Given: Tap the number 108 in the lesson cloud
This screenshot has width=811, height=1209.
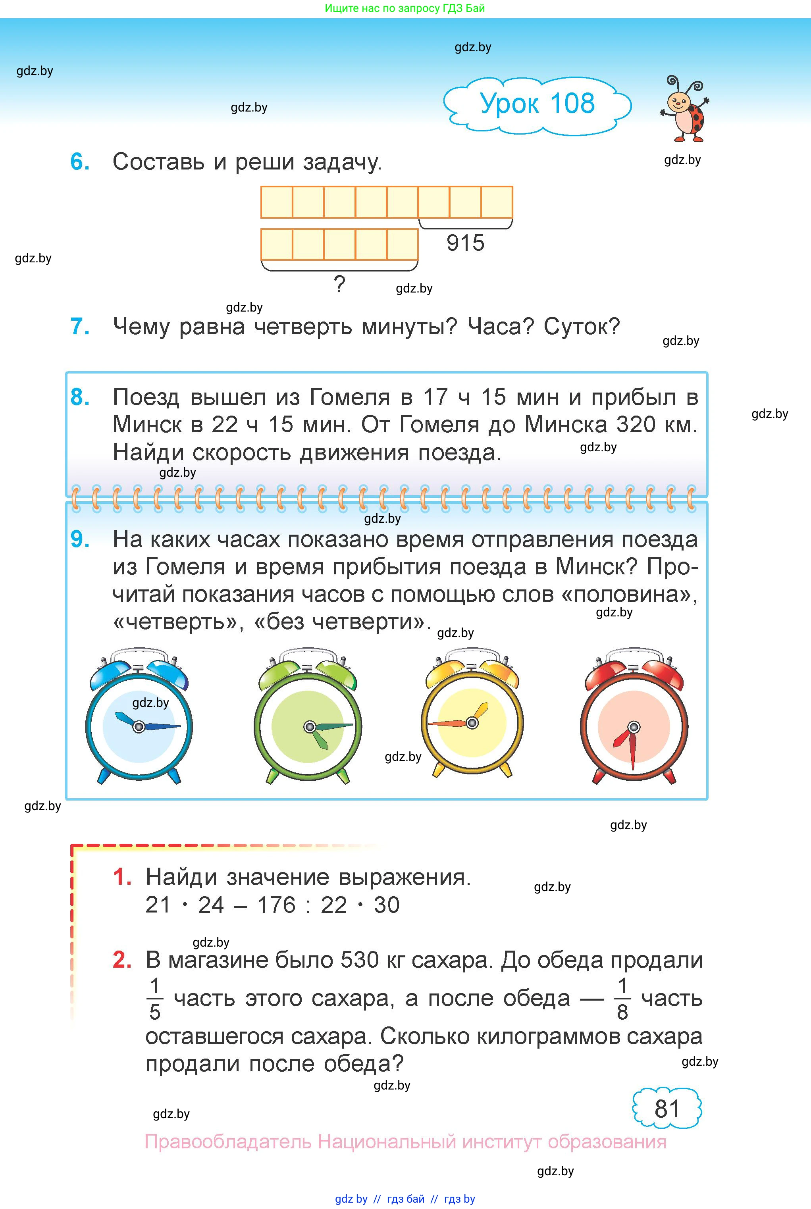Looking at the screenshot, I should (x=572, y=104).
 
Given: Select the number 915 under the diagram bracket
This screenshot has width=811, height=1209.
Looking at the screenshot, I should (x=465, y=243).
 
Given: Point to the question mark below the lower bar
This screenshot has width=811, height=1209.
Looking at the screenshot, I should (x=339, y=284).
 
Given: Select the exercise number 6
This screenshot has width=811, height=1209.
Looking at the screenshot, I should (x=80, y=162).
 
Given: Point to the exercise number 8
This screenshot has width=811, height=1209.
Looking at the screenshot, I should (x=80, y=397).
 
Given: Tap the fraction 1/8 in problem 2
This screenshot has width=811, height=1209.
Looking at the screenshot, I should (x=622, y=999).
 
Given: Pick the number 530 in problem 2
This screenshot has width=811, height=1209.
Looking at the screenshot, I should (x=358, y=960).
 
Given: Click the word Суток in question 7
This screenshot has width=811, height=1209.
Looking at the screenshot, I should (x=581, y=326).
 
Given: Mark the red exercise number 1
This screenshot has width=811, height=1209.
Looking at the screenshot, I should (x=122, y=877).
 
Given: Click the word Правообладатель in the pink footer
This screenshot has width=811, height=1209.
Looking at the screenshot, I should (x=227, y=1142).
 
